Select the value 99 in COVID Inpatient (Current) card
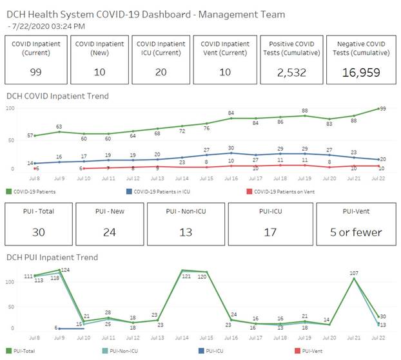pyautogui.click(x=35, y=72)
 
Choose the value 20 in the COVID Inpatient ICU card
pyautogui.click(x=161, y=72)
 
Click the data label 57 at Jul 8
pyautogui.click(x=30, y=136)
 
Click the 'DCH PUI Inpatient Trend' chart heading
pyautogui.click(x=52, y=258)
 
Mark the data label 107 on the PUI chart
pyautogui.click(x=354, y=273)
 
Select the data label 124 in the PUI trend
pyautogui.click(x=65, y=270)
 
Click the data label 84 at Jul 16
pyautogui.click(x=231, y=113)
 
